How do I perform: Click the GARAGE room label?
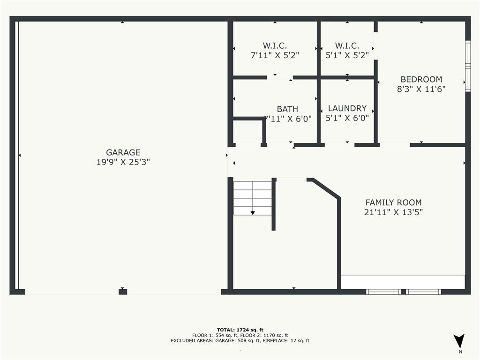click(x=123, y=152)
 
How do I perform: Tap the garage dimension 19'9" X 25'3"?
click(x=123, y=162)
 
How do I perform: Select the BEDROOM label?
click(x=421, y=79)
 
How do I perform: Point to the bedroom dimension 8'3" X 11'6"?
click(x=421, y=89)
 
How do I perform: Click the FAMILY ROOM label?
click(x=393, y=202)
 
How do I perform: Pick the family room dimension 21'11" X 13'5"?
click(x=393, y=212)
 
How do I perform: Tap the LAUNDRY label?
click(x=347, y=108)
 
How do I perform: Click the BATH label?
click(x=287, y=109)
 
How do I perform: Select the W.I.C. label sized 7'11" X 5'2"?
click(x=275, y=45)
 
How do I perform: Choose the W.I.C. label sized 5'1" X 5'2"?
click(x=347, y=45)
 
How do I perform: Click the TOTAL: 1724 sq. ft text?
click(x=240, y=330)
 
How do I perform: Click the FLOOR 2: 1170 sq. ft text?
click(x=265, y=335)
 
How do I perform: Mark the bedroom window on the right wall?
click(x=467, y=66)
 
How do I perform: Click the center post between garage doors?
click(x=123, y=292)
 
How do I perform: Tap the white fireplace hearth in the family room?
click(x=402, y=282)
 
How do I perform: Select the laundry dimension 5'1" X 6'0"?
click(x=347, y=118)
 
